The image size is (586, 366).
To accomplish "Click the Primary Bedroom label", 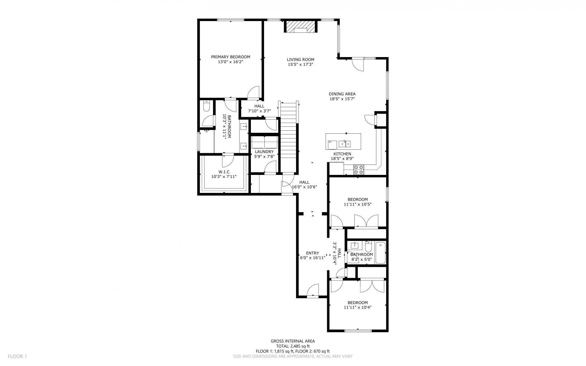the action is [230, 57].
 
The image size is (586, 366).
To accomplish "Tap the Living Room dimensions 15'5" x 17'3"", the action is [300, 64].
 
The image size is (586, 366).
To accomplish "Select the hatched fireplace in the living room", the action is [301, 26].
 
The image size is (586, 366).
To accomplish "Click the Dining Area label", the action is [342, 94].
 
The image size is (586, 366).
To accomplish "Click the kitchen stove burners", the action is [359, 170].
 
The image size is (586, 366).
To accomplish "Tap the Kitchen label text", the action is [342, 154].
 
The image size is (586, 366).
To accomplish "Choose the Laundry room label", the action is [264, 152].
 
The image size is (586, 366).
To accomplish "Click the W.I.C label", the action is [224, 172].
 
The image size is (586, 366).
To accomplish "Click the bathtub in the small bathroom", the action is [381, 253].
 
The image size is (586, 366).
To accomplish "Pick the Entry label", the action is [313, 253].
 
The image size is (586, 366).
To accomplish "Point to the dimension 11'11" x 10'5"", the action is [357, 204].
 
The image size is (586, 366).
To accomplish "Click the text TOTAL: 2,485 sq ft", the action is [293, 346].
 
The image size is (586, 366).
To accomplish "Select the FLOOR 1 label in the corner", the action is [17, 356].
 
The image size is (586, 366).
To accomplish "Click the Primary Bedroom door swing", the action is [253, 92].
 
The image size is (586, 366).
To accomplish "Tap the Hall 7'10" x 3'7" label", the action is [259, 109].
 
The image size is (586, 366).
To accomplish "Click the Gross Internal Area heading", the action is [293, 341].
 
